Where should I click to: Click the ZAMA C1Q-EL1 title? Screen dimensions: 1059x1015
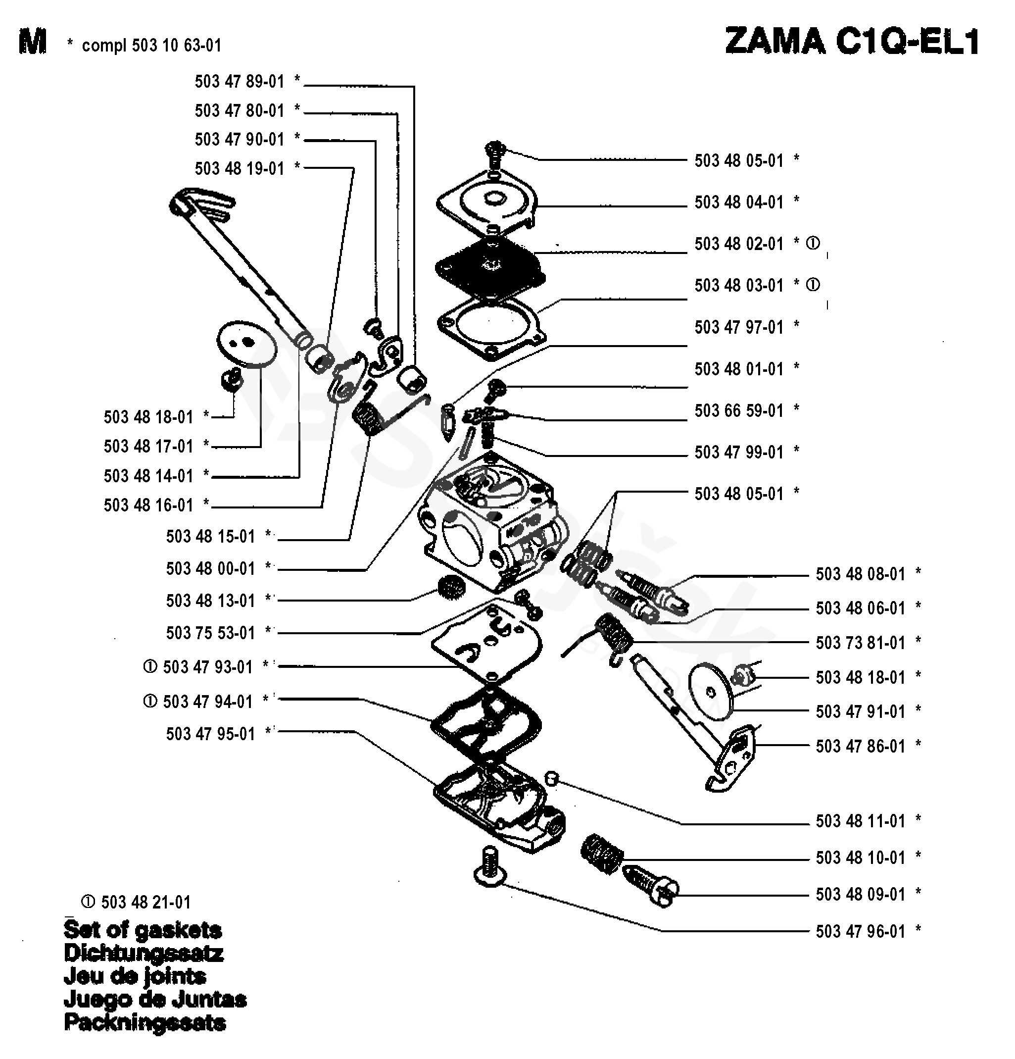point(852,42)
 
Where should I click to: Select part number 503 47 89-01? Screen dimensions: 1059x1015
point(240,82)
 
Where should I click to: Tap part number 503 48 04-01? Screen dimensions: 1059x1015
point(738,202)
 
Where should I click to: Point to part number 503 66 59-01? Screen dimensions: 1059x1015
point(738,410)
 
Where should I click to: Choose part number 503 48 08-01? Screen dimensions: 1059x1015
point(860,574)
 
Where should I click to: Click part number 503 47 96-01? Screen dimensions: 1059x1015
point(860,931)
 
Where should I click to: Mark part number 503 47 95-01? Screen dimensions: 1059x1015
point(210,734)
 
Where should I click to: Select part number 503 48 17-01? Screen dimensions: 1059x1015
point(148,446)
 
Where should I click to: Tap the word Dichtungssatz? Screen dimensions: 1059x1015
point(143,953)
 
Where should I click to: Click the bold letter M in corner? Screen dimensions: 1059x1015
point(32,42)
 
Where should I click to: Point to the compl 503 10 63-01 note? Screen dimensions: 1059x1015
point(151,46)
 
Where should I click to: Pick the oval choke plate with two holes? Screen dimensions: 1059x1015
point(246,344)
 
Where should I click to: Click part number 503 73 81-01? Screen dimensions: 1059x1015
point(860,643)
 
